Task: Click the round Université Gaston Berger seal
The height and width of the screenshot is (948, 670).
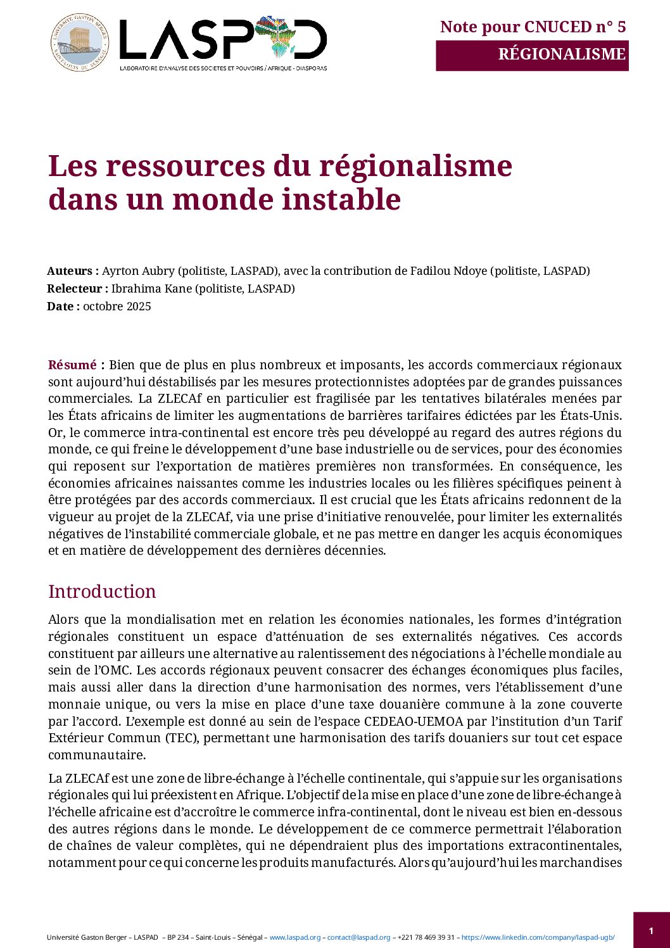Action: coord(79,43)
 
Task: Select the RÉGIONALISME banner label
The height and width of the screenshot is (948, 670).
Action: coord(562,54)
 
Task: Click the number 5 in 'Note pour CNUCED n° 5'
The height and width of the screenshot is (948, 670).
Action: coord(621,27)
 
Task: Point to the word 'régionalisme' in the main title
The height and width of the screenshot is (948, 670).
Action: coord(415,167)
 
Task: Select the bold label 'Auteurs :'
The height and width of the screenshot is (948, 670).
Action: coord(73,271)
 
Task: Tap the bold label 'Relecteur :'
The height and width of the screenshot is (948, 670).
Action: coord(77,289)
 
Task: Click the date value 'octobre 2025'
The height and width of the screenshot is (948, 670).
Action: coord(117,307)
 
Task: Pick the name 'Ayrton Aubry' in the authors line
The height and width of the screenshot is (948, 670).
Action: coord(138,271)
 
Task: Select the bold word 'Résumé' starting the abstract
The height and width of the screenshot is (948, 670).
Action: coord(72,365)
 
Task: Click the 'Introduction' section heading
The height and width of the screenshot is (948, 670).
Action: coord(102,591)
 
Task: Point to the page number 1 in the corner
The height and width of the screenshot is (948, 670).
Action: coord(651,931)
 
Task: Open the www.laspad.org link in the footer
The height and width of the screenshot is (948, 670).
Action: coord(295,937)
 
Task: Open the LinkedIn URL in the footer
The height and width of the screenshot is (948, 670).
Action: coord(538,937)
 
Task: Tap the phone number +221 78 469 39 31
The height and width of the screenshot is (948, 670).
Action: coord(426,937)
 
